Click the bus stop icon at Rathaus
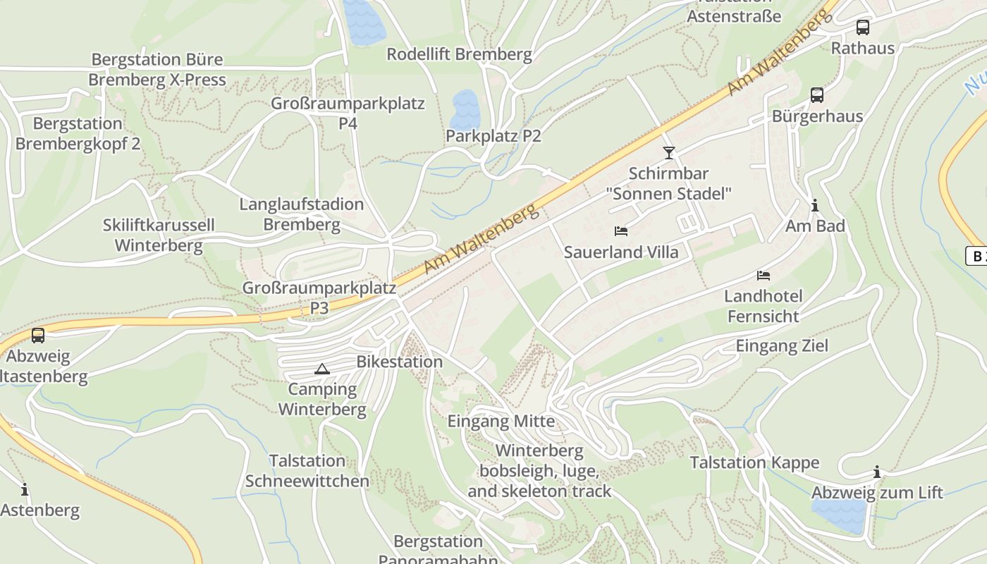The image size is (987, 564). pos(862,27)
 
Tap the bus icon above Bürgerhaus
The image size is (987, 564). pos(817,94)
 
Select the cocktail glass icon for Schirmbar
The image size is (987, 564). pos(668,152)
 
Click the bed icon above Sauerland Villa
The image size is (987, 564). pos(621,231)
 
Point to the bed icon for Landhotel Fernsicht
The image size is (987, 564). pos(764,275)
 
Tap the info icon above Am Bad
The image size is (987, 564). pos(815,205)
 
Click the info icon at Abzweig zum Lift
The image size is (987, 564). pos(877,472)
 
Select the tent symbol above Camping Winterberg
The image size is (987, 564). pos(322,369)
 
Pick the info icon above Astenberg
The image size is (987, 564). pos(25,489)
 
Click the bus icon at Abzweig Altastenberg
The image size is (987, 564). pos(38,336)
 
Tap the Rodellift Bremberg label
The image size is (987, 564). pos(459,54)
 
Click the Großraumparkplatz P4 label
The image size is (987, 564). pos(348,114)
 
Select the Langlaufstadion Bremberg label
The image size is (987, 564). pos(302,214)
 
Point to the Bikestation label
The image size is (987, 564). pos(400,362)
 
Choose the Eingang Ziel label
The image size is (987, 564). pos(782,345)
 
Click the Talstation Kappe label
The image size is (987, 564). pos(754,462)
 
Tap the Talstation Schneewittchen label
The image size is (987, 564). pos(307,471)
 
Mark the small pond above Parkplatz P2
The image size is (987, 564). pos(465,109)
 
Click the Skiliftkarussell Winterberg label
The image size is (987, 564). pos(159,235)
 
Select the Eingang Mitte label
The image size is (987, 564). pos(501,422)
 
